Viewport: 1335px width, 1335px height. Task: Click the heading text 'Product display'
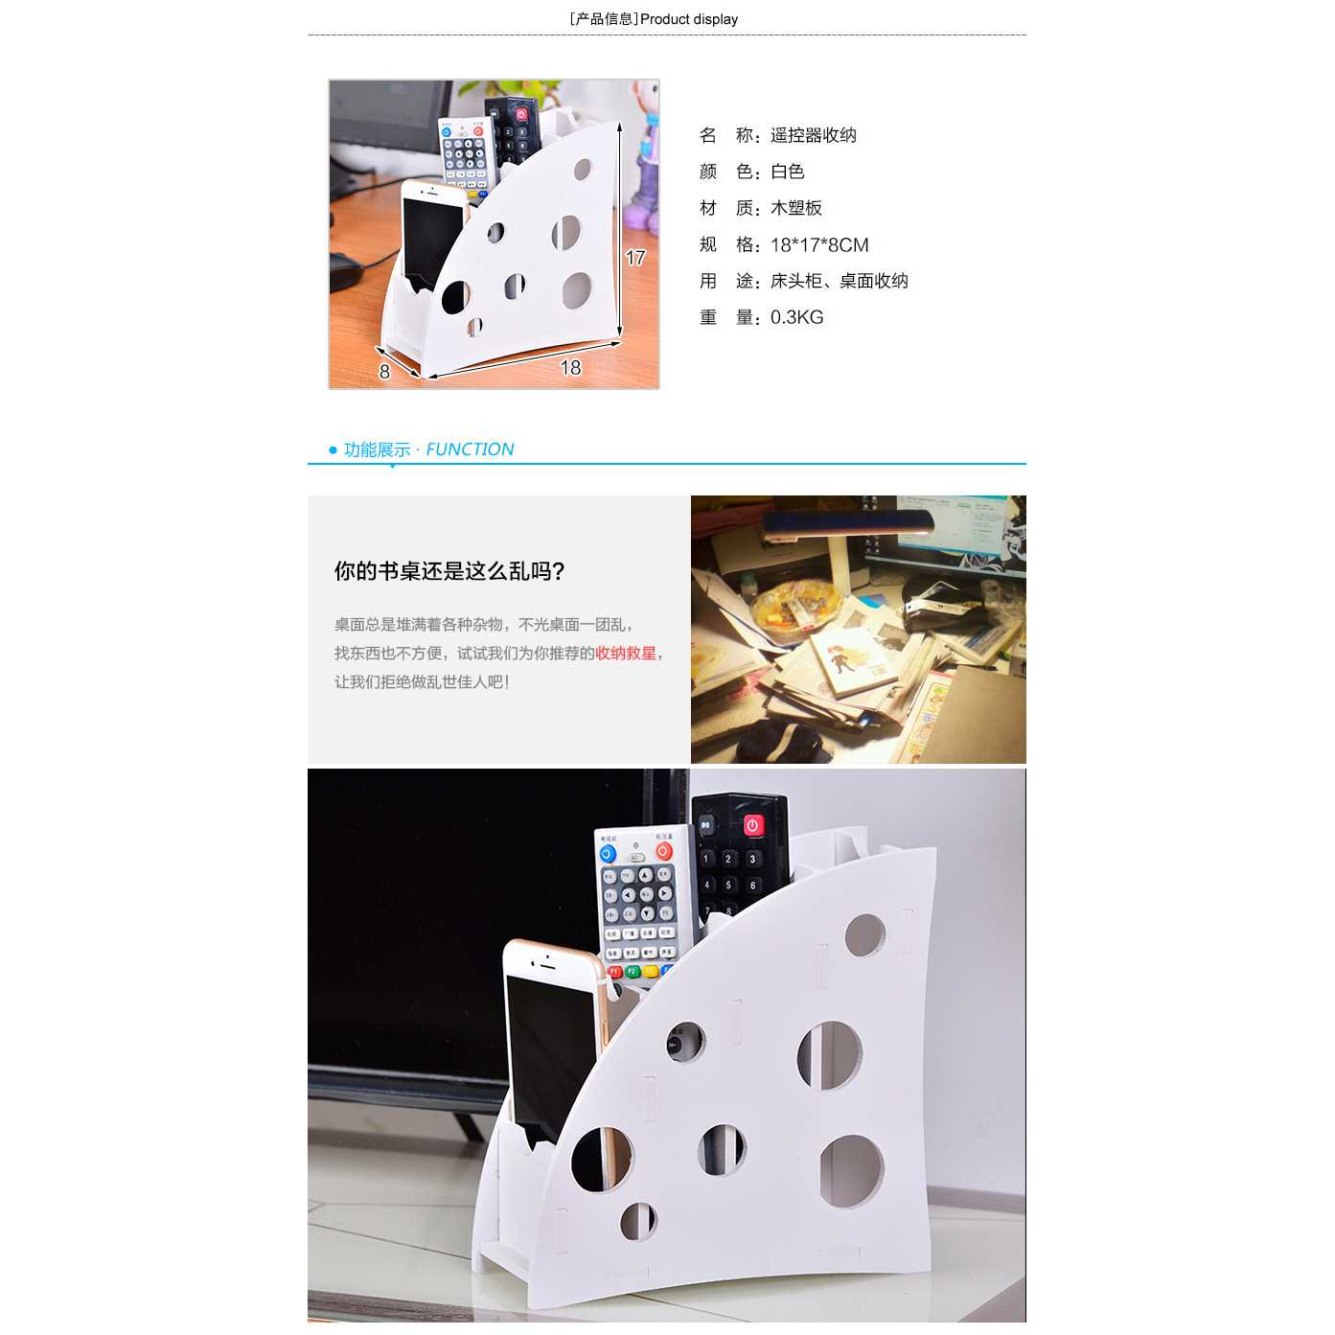coord(688,19)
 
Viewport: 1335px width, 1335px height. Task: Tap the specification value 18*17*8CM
coord(818,245)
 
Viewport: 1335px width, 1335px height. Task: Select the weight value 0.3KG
coord(796,317)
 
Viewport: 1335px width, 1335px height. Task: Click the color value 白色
coord(787,172)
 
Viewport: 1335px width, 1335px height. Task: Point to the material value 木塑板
coord(795,208)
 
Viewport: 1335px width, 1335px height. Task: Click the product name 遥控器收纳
coord(813,135)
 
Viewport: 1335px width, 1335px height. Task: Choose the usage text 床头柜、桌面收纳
coord(839,281)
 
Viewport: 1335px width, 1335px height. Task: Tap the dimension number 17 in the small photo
coord(635,257)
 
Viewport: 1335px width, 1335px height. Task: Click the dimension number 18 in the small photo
coord(570,367)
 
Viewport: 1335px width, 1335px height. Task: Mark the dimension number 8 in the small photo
coord(384,371)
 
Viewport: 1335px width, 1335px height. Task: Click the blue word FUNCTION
coord(470,449)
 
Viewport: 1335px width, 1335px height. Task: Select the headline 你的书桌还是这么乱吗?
coord(449,571)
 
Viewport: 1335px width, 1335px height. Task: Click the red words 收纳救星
coord(626,654)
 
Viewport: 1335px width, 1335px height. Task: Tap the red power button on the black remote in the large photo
coord(752,825)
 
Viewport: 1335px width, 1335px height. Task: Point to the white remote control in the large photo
coord(637,901)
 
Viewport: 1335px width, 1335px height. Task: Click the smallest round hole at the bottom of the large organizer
coord(637,1221)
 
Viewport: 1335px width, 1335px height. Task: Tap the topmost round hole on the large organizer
coord(864,935)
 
